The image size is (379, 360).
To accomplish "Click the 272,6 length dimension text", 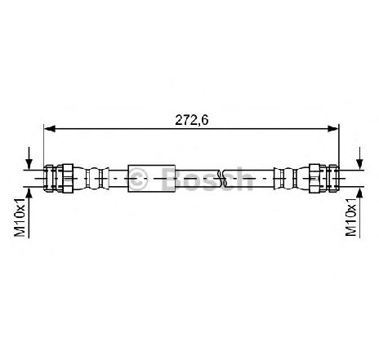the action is [x=191, y=120].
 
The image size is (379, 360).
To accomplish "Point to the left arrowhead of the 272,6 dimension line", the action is [x=50, y=129].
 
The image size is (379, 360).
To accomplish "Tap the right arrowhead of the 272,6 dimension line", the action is [x=333, y=129].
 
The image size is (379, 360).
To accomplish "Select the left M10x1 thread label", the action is [x=20, y=217].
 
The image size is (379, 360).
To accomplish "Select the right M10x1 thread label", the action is [x=351, y=217].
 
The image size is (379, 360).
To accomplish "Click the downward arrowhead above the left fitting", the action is [x=29, y=164].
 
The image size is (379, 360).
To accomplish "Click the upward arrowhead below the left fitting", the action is [x=29, y=193].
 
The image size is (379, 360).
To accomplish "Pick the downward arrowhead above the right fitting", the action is [x=360, y=164].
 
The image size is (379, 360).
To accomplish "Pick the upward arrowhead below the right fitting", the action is [x=360, y=193].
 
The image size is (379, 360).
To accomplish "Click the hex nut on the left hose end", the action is [x=68, y=179].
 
